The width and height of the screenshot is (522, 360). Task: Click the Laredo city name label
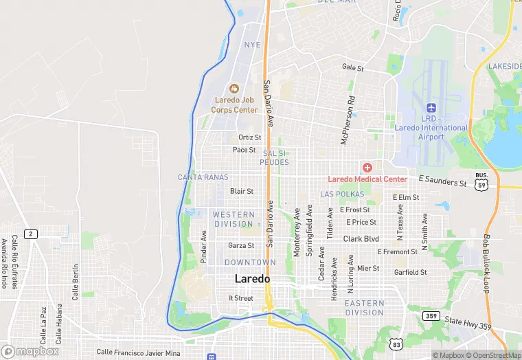(x=252, y=279)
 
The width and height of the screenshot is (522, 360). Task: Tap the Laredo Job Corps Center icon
(x=234, y=88)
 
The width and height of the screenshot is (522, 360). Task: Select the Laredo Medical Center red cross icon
(x=367, y=168)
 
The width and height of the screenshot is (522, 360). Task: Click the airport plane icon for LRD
(x=431, y=108)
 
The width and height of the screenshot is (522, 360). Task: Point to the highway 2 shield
(x=30, y=234)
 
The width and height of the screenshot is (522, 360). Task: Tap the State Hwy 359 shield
(x=431, y=316)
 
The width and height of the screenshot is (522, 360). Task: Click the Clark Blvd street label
(x=361, y=238)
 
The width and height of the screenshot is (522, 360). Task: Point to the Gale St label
(x=352, y=67)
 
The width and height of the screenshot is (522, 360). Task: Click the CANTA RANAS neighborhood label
(x=203, y=177)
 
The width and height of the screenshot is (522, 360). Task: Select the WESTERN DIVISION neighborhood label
(x=234, y=219)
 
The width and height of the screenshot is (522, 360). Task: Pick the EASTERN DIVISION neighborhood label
(x=364, y=308)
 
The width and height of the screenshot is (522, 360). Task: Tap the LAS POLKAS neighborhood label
(x=342, y=194)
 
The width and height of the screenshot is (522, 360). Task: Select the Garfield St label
(x=411, y=272)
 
